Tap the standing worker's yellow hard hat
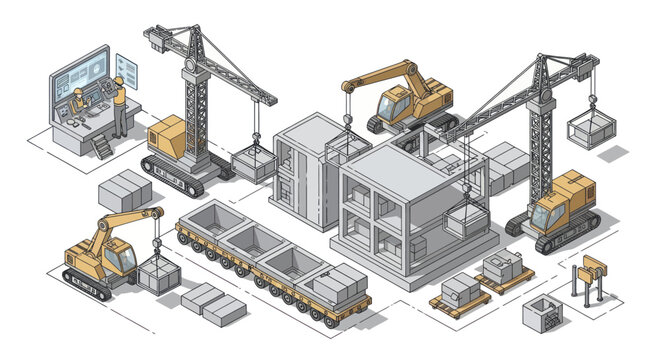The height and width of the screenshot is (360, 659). tap(119, 79)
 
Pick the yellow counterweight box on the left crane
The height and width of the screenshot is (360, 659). tap(166, 134)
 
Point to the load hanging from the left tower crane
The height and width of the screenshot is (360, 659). tap(254, 163)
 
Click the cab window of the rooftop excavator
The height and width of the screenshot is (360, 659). tap(392, 102)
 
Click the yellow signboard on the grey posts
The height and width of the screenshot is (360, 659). tap(593, 265)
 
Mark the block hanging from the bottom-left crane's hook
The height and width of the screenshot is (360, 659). tap(155, 274)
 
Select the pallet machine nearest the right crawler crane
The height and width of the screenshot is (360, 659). tap(501, 268)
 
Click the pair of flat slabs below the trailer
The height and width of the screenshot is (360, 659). tap(213, 303)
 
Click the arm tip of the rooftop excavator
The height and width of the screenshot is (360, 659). tap(348, 87)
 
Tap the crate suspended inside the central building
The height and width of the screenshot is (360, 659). tap(465, 219)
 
